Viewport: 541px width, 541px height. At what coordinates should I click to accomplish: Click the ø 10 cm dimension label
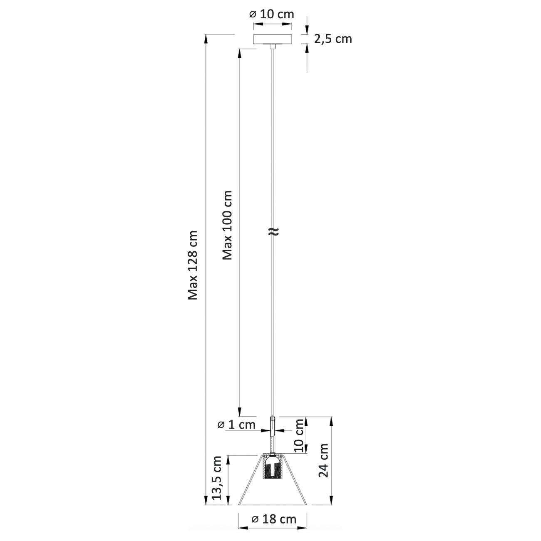(272, 14)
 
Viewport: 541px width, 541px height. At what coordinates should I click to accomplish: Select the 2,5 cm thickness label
(333, 39)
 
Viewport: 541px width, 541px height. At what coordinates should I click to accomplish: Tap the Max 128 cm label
(192, 265)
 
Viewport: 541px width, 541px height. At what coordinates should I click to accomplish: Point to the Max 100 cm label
(227, 225)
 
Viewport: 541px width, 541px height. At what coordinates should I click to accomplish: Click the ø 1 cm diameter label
(236, 425)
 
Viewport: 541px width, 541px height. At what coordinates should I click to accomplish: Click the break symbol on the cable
(272, 232)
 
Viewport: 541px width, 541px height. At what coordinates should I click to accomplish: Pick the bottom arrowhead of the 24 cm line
(332, 501)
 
